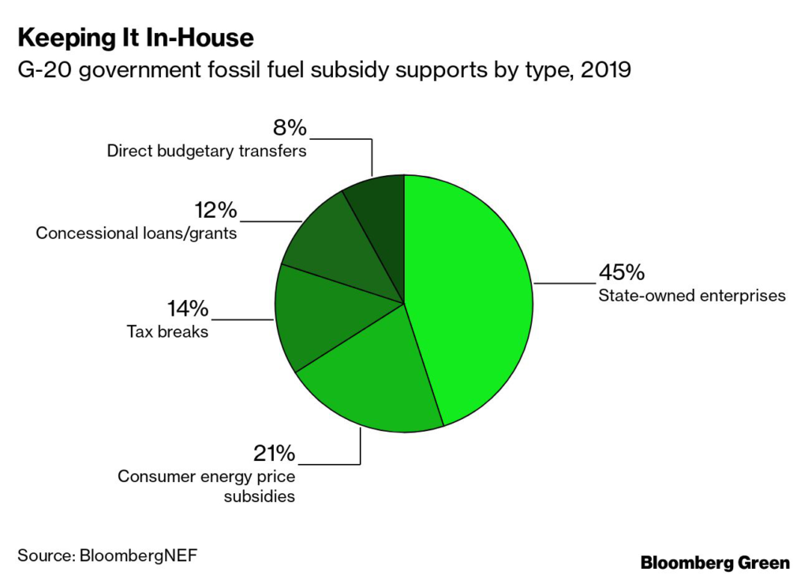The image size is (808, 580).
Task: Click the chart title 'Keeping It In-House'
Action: [136, 39]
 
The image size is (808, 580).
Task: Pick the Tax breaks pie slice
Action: [320, 315]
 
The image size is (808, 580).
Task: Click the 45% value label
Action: [622, 272]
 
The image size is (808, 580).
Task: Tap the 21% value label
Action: [274, 454]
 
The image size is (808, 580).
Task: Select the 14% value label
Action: [188, 309]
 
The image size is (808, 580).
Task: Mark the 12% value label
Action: [216, 211]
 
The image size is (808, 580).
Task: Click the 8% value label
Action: [290, 128]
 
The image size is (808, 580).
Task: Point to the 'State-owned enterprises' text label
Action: [692, 296]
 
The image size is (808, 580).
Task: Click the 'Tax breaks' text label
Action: [167, 331]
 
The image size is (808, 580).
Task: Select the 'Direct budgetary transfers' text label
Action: [207, 151]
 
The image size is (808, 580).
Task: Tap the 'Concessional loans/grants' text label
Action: [137, 234]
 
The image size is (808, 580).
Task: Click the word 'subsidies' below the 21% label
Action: [259, 496]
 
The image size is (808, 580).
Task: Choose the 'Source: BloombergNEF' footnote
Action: [107, 556]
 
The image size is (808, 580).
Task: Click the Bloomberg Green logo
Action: [715, 563]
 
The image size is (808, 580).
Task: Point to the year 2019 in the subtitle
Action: [606, 69]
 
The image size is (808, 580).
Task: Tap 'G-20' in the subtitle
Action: [45, 69]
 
